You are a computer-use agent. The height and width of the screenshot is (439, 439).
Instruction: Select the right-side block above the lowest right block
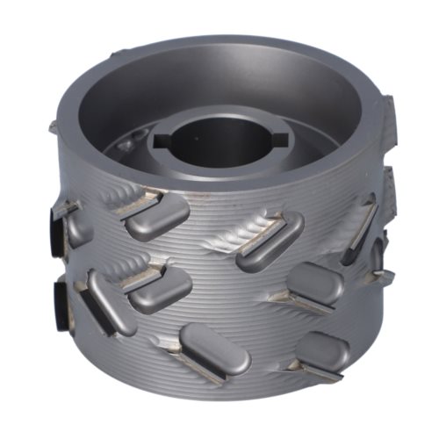click(314, 282)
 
